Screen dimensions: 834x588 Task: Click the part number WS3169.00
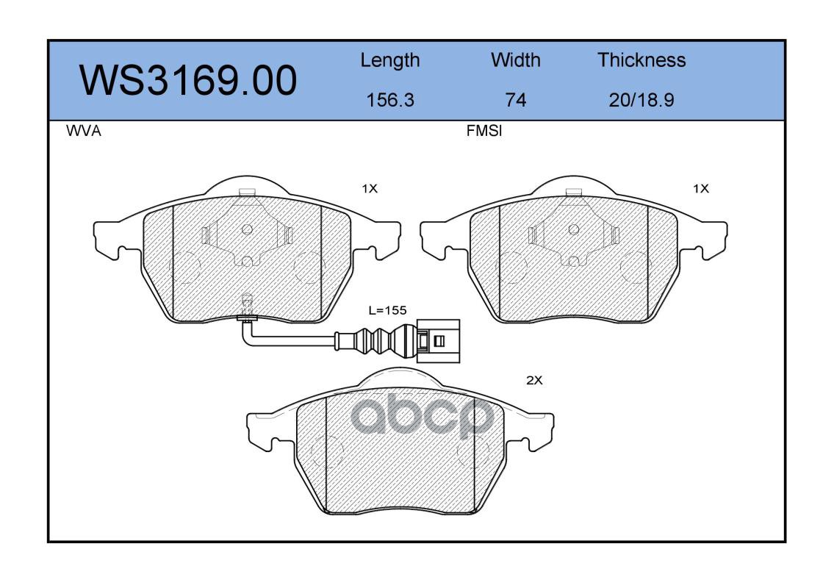coord(188,81)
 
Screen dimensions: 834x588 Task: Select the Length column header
coord(390,61)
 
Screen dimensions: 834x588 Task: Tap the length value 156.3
coord(390,100)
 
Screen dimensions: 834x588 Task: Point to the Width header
coord(515,60)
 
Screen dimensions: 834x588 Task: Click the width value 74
coord(515,100)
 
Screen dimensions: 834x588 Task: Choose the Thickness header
coord(641,60)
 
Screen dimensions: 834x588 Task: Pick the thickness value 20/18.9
coord(641,100)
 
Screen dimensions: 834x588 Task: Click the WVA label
coord(84,131)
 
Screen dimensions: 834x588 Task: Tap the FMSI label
coord(484,131)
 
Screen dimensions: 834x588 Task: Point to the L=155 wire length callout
coord(388,310)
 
